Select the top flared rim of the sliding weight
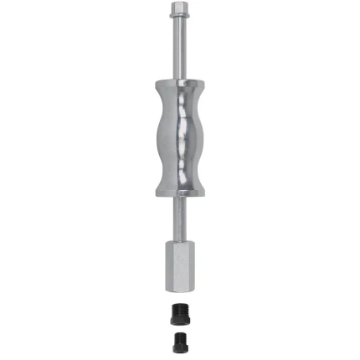[x=179, y=84]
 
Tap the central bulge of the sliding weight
[x=179, y=138]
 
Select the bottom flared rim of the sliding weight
[x=179, y=192]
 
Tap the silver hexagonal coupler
[x=179, y=265]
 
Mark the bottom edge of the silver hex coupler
[x=179, y=289]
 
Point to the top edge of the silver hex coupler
[x=179, y=240]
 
